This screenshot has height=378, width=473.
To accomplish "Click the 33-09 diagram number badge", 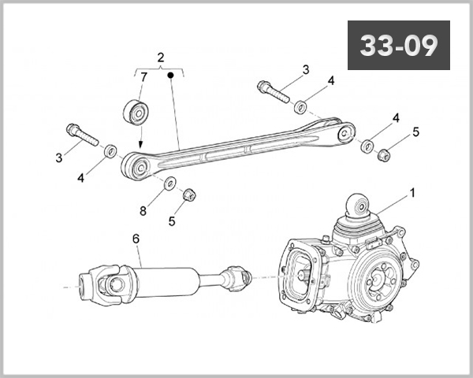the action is pos(398,45).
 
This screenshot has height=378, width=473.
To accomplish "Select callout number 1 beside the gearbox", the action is pos(412,193).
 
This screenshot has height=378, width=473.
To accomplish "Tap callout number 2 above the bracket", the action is pos(161,57).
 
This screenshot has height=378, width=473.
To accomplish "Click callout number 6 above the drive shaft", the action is pos(136,239).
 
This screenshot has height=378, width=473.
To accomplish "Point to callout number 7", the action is pos(143,77).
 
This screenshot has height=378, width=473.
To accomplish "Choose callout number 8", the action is pos(143,211).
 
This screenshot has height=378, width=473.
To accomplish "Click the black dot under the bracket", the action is pos(170,75).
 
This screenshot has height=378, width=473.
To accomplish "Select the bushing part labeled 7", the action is pos(136,112).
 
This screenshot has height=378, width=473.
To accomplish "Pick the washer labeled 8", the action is pos(170,183).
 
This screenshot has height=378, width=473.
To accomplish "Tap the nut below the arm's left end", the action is pos(189,195).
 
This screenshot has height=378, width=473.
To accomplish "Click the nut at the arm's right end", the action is pos(385,155).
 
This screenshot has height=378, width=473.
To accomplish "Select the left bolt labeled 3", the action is pos(82,135).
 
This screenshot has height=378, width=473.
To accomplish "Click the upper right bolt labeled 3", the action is pos(274,91).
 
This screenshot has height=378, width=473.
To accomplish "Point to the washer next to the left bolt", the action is pos(110,150).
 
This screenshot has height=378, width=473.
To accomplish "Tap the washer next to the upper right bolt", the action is pos(300,107).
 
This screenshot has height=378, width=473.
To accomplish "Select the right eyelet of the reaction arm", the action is pos(346,132).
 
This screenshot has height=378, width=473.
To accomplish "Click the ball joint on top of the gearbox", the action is pos(358,206).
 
